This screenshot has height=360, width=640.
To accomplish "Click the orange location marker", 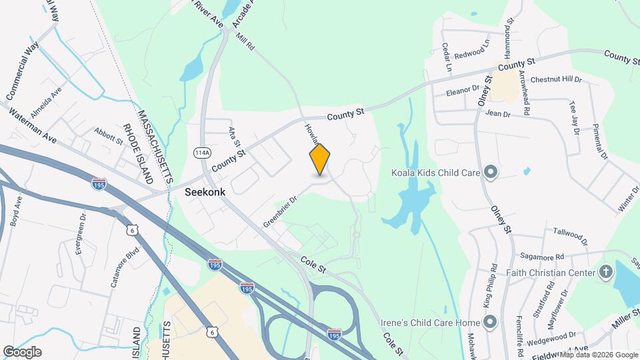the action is click(x=320, y=159).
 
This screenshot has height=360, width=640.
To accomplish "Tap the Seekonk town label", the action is click(x=205, y=192).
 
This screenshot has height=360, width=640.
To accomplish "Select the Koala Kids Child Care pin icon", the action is click(x=491, y=173).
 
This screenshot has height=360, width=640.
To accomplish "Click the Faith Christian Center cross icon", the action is click(x=606, y=271).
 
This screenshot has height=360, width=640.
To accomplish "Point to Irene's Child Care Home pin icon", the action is click(x=491, y=323).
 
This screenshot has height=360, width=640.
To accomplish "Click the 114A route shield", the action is click(x=201, y=153).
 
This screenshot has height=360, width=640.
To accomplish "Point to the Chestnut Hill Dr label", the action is click(x=556, y=79).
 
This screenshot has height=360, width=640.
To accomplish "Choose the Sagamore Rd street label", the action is click(x=541, y=256).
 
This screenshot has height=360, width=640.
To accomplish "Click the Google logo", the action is click(x=22, y=351).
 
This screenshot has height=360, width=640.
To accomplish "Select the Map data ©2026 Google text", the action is click(x=598, y=355).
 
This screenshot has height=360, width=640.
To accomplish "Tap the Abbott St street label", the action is click(x=109, y=137).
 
